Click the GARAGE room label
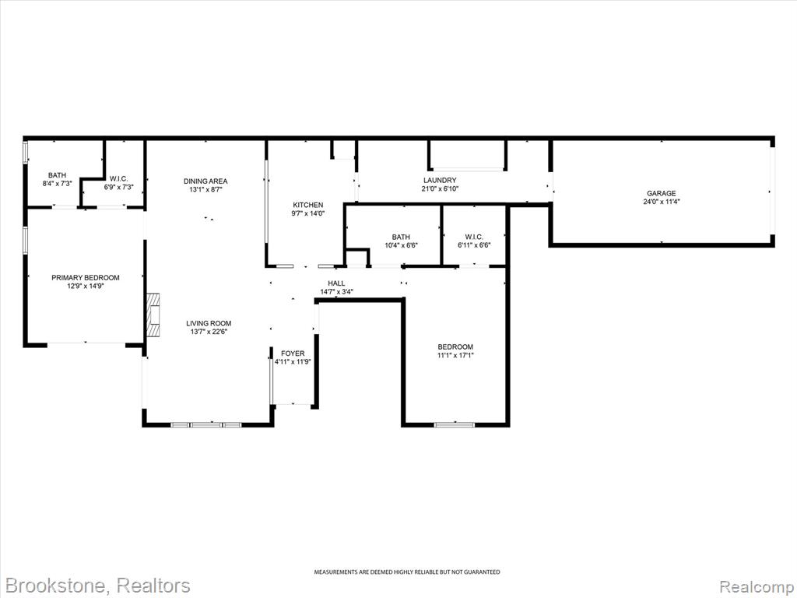[x=662, y=193]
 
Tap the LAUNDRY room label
[x=440, y=180]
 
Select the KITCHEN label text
[x=307, y=205]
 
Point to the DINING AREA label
[x=205, y=181]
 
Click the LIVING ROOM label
[x=209, y=323]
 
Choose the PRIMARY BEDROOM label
[x=86, y=278]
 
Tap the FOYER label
[x=293, y=354]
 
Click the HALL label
[x=336, y=283]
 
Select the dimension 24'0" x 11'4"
[x=662, y=202]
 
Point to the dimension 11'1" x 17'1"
[x=455, y=355]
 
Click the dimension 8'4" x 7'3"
[x=57, y=184]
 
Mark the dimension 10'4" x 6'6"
[x=401, y=245]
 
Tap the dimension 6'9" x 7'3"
[x=118, y=187]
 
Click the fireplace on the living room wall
[x=153, y=315]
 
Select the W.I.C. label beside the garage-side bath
[x=474, y=237]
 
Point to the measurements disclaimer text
[x=406, y=572]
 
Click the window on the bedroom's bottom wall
[x=454, y=424]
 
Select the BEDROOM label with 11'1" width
[x=455, y=346]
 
